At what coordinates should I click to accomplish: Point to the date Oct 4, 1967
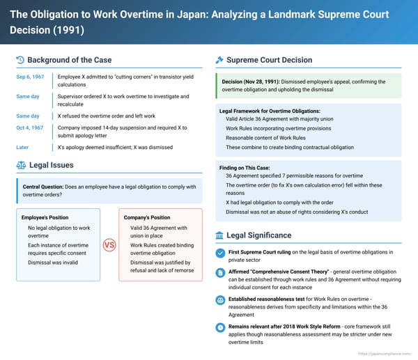pyautogui.click(x=30, y=128)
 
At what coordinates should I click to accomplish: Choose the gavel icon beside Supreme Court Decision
pyautogui.click(x=220, y=60)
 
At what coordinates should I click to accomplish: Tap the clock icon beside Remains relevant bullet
pyautogui.click(x=220, y=327)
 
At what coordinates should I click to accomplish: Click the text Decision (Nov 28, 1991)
pyautogui.click(x=254, y=82)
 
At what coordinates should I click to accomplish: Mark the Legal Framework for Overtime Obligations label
pyautogui.click(x=269, y=111)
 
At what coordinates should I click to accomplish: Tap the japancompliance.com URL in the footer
pyautogui.click(x=385, y=354)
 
